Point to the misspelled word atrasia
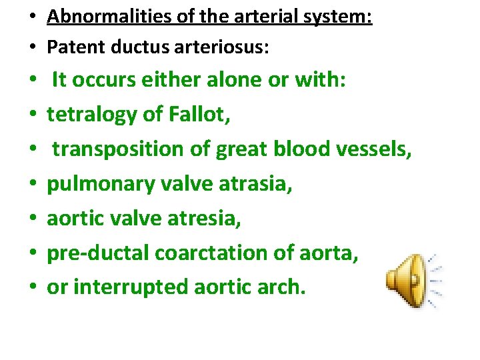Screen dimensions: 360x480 [257, 184]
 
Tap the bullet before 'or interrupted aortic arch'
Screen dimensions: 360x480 [33, 288]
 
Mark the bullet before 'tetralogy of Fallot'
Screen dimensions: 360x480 [33, 115]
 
